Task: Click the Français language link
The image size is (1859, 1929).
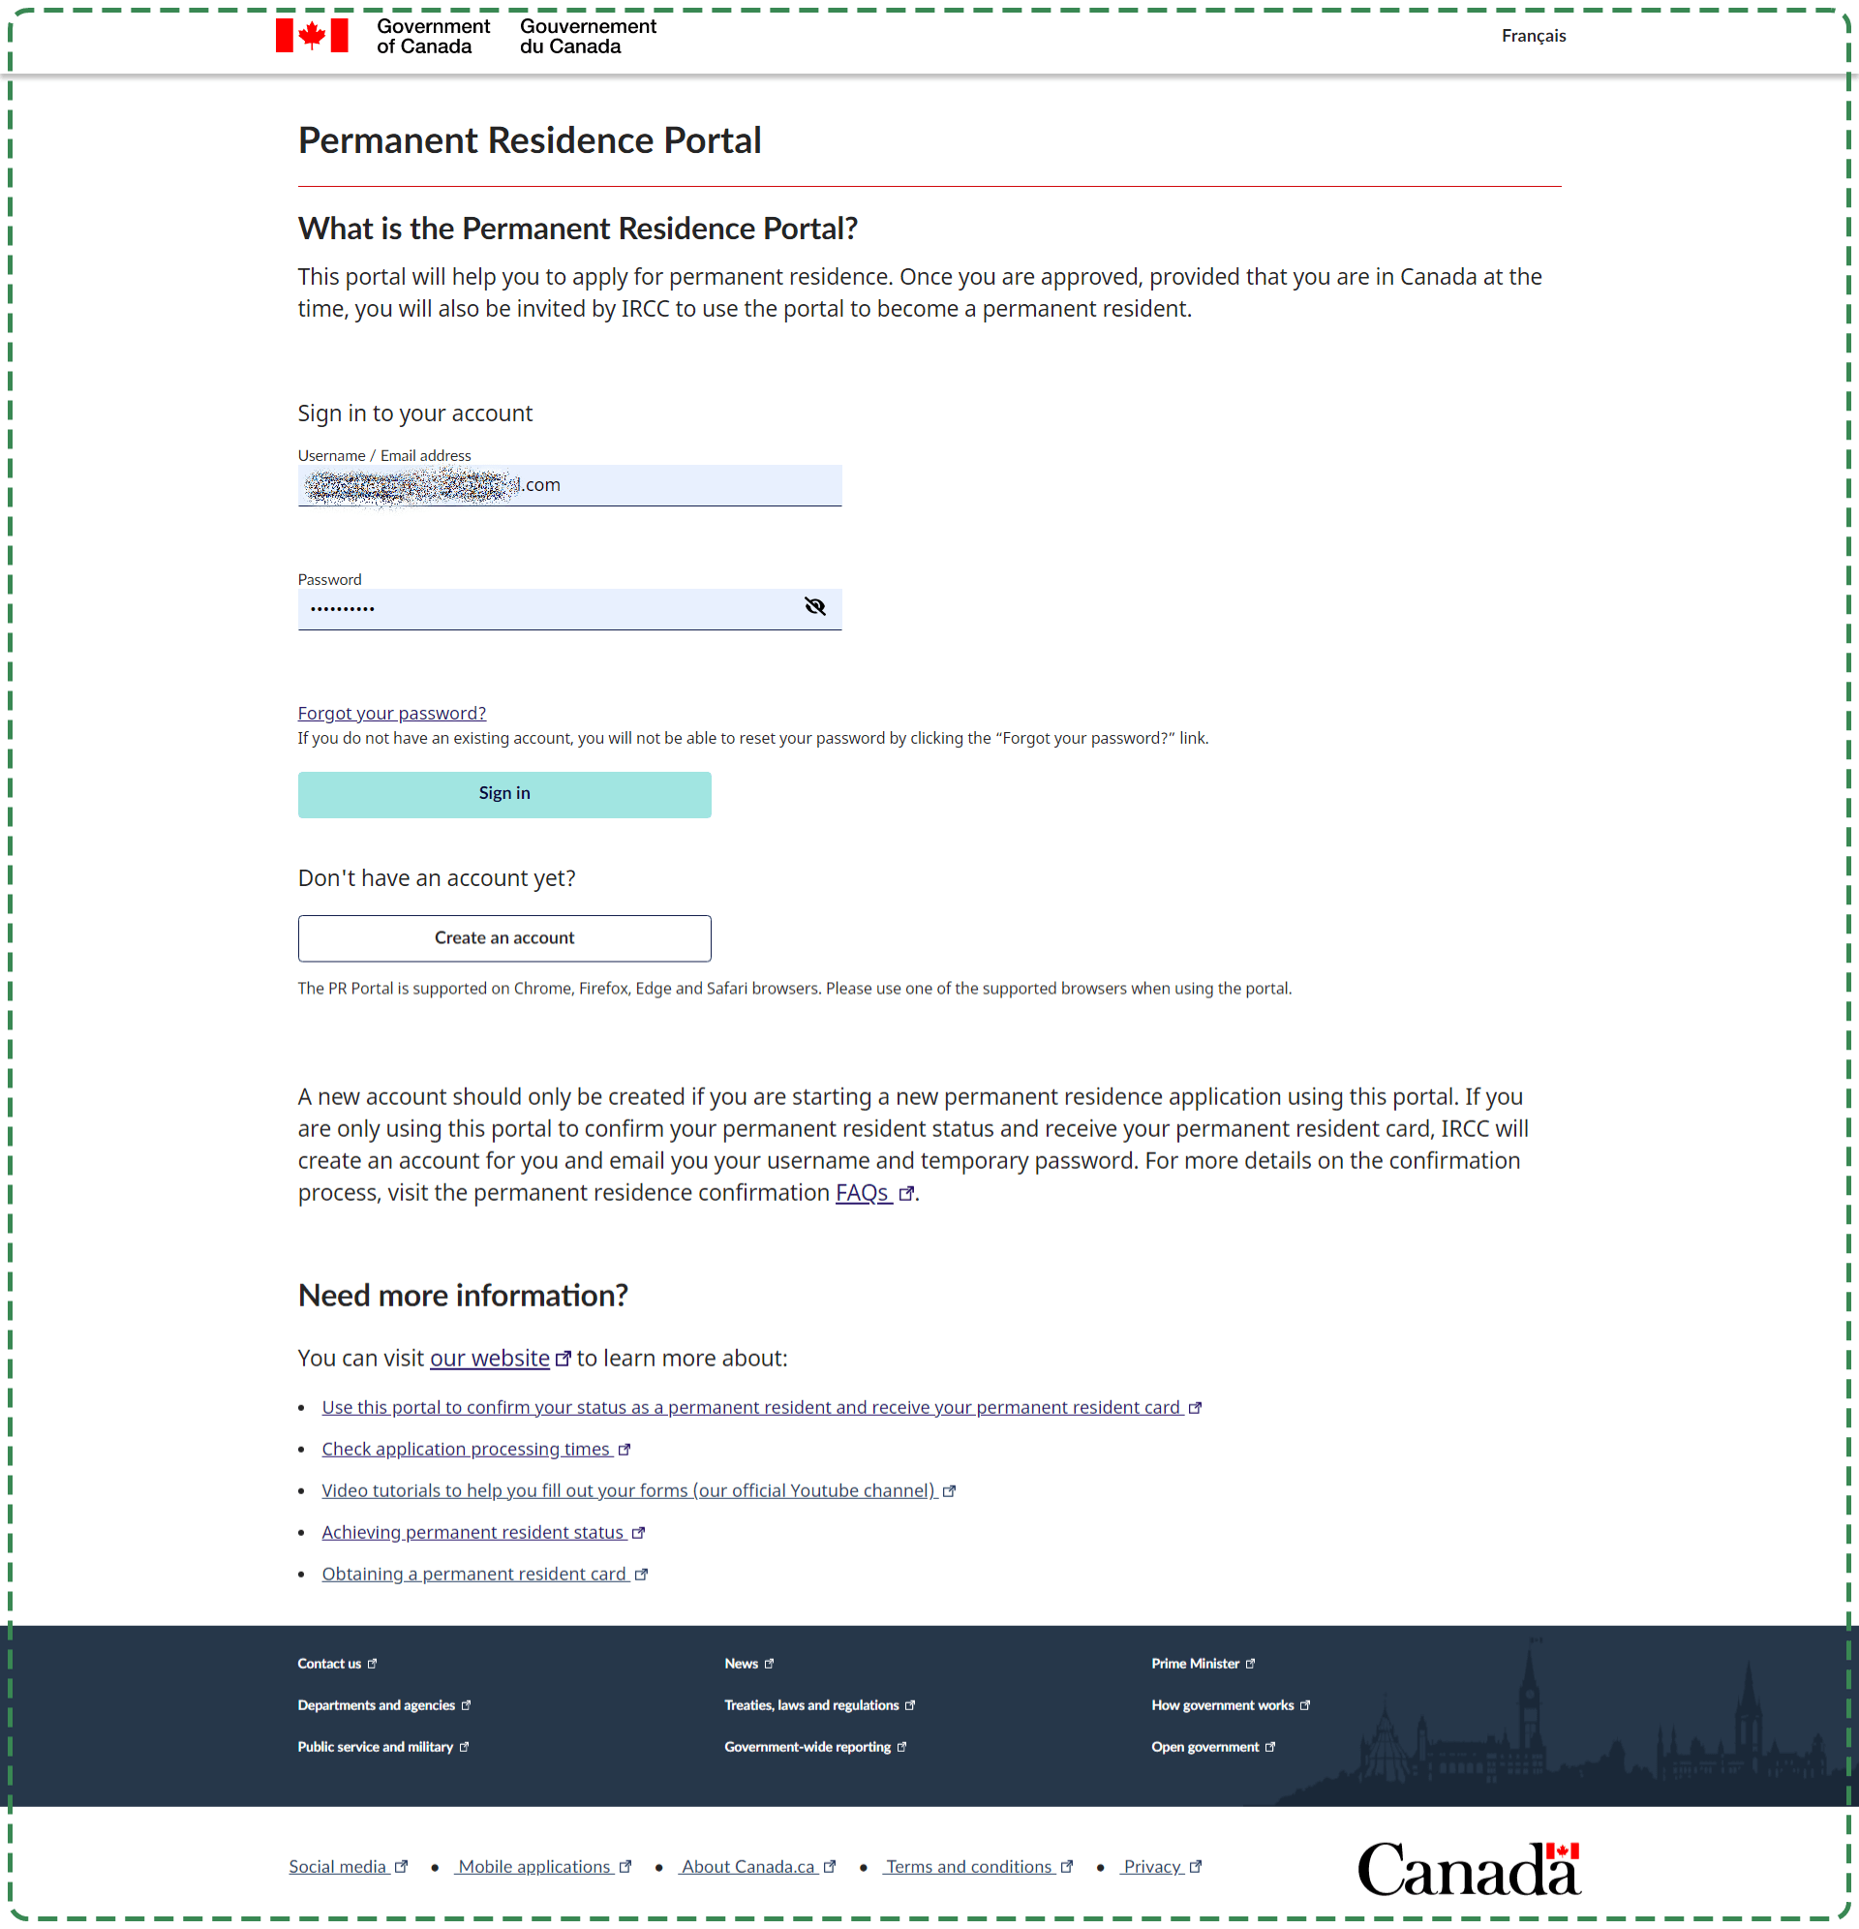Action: [x=1533, y=37]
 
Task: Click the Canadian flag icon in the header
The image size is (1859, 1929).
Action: [x=311, y=37]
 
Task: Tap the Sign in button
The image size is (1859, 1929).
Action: [x=503, y=793]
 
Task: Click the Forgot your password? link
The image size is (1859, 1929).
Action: [x=392, y=713]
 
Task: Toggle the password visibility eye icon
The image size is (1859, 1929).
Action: [x=814, y=607]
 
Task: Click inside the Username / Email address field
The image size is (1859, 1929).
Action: [x=679, y=485]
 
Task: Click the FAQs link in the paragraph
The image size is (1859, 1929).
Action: [x=862, y=1193]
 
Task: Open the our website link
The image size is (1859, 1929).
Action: [x=489, y=1359]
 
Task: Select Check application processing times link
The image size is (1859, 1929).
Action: [x=466, y=1449]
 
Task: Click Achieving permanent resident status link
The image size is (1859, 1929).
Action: [x=472, y=1532]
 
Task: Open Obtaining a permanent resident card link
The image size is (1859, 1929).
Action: [x=473, y=1574]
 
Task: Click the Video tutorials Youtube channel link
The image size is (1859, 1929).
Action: [x=627, y=1490]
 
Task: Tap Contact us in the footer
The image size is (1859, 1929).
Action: [x=329, y=1664]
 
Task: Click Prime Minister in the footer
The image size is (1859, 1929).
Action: [x=1195, y=1664]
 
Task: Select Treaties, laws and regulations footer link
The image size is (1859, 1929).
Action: [x=811, y=1704]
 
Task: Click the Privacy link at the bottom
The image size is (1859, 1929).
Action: [x=1151, y=1867]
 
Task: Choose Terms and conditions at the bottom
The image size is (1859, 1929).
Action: [x=968, y=1867]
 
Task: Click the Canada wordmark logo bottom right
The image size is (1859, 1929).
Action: [x=1467, y=1869]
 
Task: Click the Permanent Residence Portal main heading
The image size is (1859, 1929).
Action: [x=530, y=140]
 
